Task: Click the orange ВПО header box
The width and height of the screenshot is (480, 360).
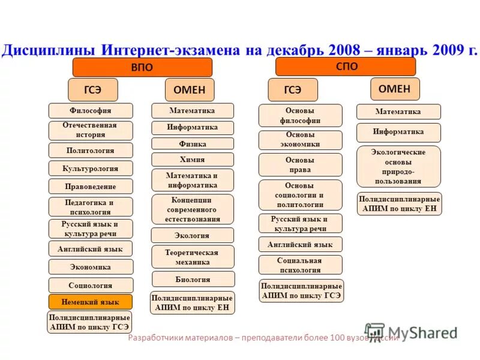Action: (142, 67)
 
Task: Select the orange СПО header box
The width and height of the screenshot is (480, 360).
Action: (345, 67)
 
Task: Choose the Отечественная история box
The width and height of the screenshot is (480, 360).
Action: (90, 130)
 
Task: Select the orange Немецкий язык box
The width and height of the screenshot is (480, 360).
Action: (90, 302)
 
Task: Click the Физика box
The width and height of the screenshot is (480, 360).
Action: (193, 144)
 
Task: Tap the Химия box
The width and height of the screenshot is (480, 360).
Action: (193, 160)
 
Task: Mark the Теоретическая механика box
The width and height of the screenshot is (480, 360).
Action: (193, 257)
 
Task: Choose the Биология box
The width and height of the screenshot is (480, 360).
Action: (193, 279)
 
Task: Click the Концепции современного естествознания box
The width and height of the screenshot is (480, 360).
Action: (193, 209)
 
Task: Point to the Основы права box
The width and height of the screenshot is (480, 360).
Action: (300, 165)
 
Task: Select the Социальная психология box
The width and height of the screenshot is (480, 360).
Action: (300, 265)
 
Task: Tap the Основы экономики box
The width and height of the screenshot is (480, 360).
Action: (300, 140)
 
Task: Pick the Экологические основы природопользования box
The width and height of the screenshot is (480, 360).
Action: (398, 167)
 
